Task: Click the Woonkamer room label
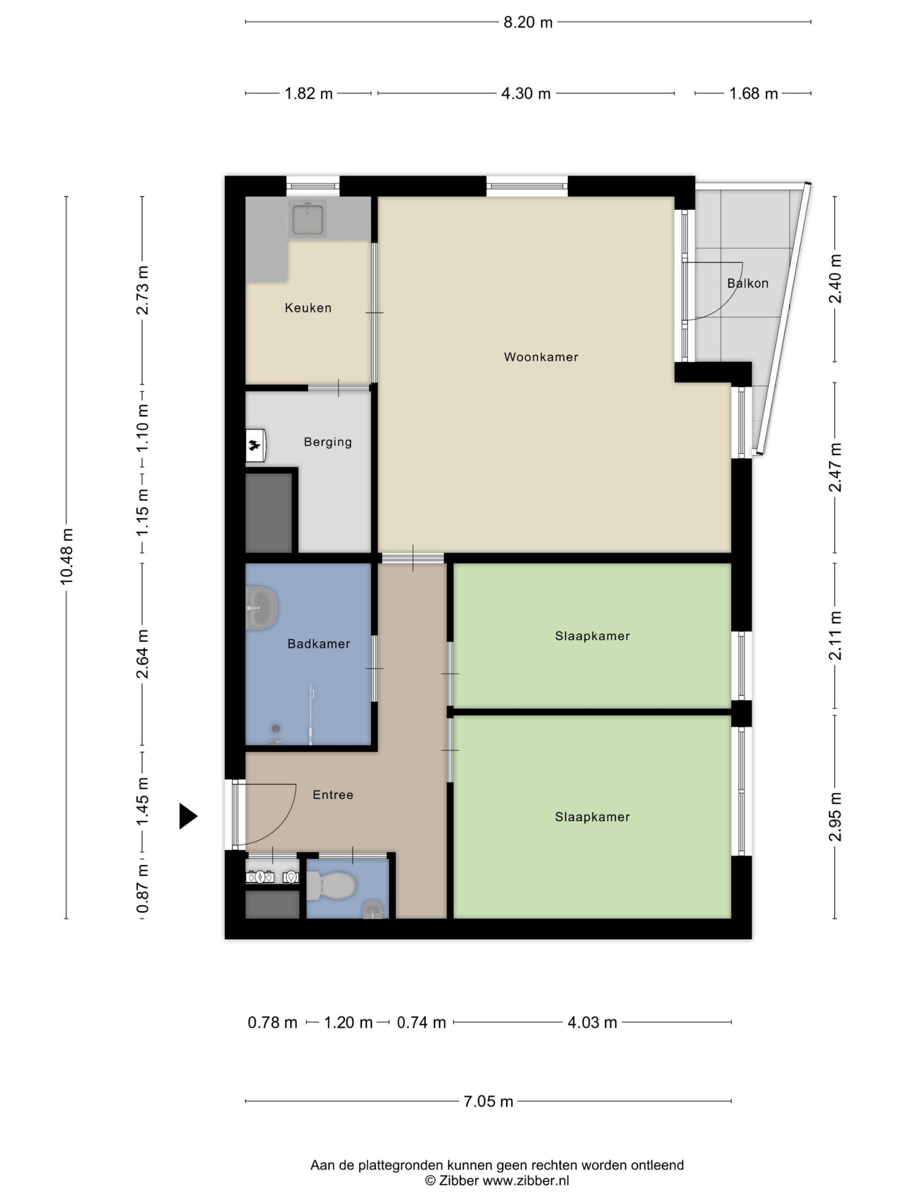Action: (x=541, y=357)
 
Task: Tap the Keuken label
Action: (x=308, y=308)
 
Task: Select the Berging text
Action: (x=328, y=442)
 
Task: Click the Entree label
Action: (x=333, y=794)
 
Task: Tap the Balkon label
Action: (x=747, y=283)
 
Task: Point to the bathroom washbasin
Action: (x=262, y=607)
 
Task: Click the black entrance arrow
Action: (x=188, y=816)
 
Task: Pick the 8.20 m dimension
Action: (x=528, y=22)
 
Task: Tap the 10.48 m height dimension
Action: (x=66, y=557)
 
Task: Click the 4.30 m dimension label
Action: (x=526, y=93)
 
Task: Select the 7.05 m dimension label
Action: (x=488, y=1101)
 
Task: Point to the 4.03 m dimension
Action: (x=592, y=1022)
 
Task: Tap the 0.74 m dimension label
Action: (x=422, y=1022)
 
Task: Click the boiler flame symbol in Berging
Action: (x=254, y=446)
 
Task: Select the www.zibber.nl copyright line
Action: (x=497, y=1180)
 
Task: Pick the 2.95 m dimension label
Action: (x=835, y=816)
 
